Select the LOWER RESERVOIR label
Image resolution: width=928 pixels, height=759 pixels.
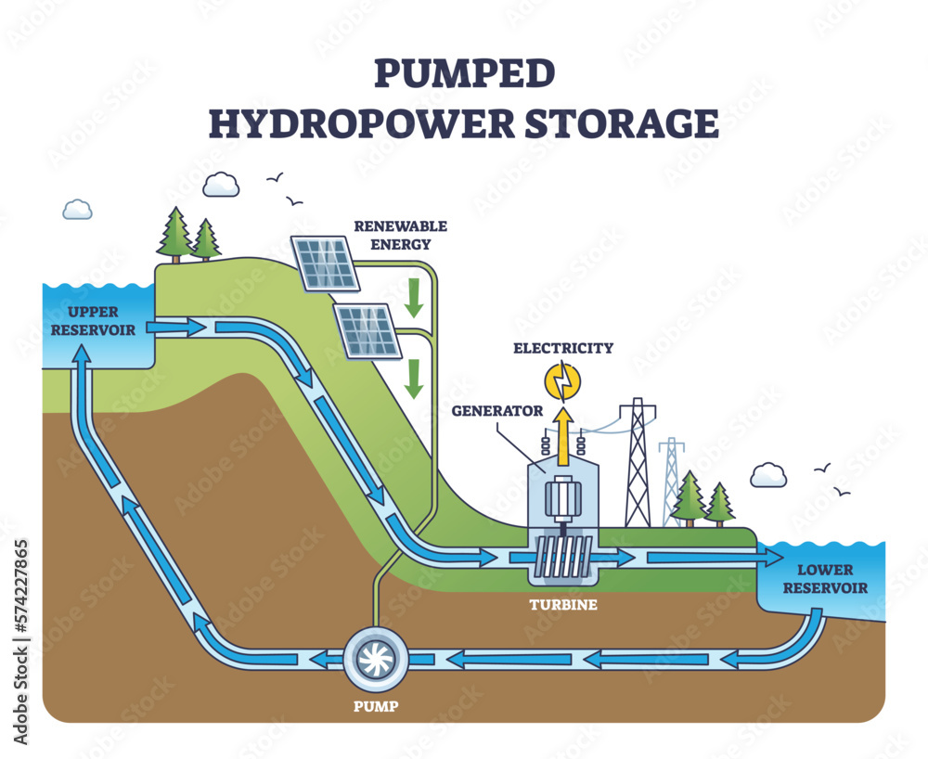824,579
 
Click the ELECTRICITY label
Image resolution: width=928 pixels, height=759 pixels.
563,348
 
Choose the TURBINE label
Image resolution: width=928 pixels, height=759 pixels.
563,605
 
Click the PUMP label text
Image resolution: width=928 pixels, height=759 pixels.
376,706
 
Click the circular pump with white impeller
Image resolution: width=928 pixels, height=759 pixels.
376,659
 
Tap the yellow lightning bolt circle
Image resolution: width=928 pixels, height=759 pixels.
562,379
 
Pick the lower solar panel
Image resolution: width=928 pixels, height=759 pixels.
367,329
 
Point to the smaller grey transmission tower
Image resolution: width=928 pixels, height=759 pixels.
672,481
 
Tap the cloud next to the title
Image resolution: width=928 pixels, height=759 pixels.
221,185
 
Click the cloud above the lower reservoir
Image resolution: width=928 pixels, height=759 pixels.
768,476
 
